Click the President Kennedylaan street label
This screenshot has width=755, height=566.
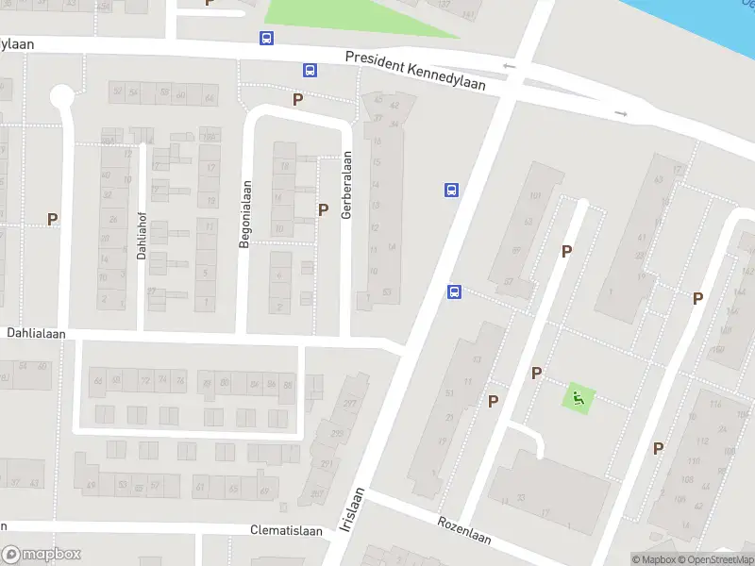(x=415, y=71)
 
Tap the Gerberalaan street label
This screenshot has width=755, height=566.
(x=347, y=186)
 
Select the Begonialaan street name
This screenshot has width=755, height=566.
(x=244, y=214)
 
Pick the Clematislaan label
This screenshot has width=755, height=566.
(x=287, y=530)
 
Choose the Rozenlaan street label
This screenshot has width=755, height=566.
(x=464, y=529)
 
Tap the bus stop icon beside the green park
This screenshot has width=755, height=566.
(x=267, y=39)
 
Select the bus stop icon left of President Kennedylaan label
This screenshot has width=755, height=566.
(x=310, y=70)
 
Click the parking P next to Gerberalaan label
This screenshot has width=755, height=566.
(x=324, y=209)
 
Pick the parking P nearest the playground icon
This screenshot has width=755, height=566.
(x=536, y=373)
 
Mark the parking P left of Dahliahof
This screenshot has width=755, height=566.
(x=53, y=219)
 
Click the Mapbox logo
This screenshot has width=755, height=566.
(x=42, y=555)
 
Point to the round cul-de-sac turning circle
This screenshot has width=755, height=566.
(x=62, y=96)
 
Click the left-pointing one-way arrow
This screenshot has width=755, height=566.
(x=510, y=66)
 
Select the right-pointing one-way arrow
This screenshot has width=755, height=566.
(x=620, y=113)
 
